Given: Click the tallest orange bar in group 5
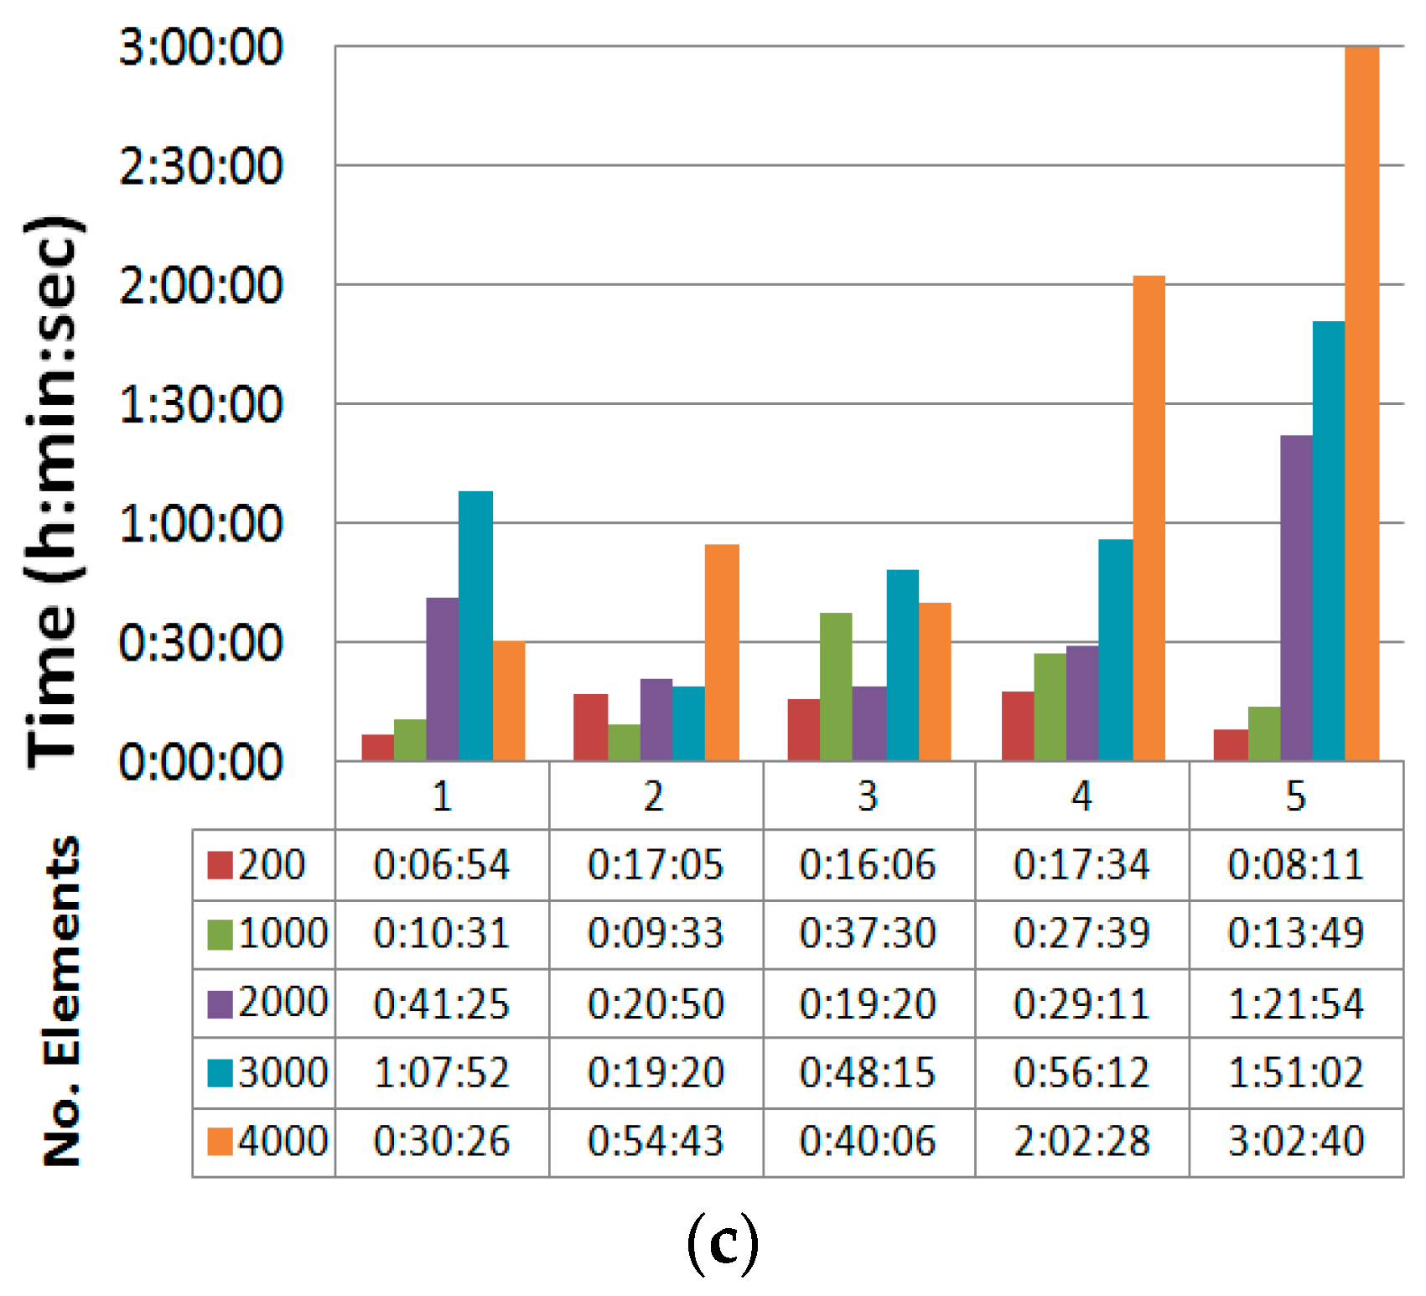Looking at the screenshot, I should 1361,402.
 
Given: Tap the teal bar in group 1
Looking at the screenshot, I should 475,625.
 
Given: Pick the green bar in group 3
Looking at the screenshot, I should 836,687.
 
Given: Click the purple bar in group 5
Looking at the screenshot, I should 1296,598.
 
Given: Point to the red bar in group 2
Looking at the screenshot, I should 590,727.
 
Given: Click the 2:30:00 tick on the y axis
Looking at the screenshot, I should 201,166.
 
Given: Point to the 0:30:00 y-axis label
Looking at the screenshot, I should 201,643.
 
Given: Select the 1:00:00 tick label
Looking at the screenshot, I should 201,524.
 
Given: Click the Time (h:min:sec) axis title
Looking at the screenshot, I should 54,490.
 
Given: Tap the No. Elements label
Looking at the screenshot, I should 62,1001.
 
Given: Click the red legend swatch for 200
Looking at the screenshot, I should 220,864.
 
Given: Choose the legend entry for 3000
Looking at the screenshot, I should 268,1072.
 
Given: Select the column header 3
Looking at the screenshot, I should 868,796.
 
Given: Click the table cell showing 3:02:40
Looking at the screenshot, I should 1295,1142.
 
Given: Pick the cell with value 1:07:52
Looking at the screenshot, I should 442,1072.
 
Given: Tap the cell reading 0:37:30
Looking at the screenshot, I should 868,933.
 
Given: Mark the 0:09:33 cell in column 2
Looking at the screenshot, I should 655,933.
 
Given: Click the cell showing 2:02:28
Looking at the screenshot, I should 1081,1142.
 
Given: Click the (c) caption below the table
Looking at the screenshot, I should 723,1244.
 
